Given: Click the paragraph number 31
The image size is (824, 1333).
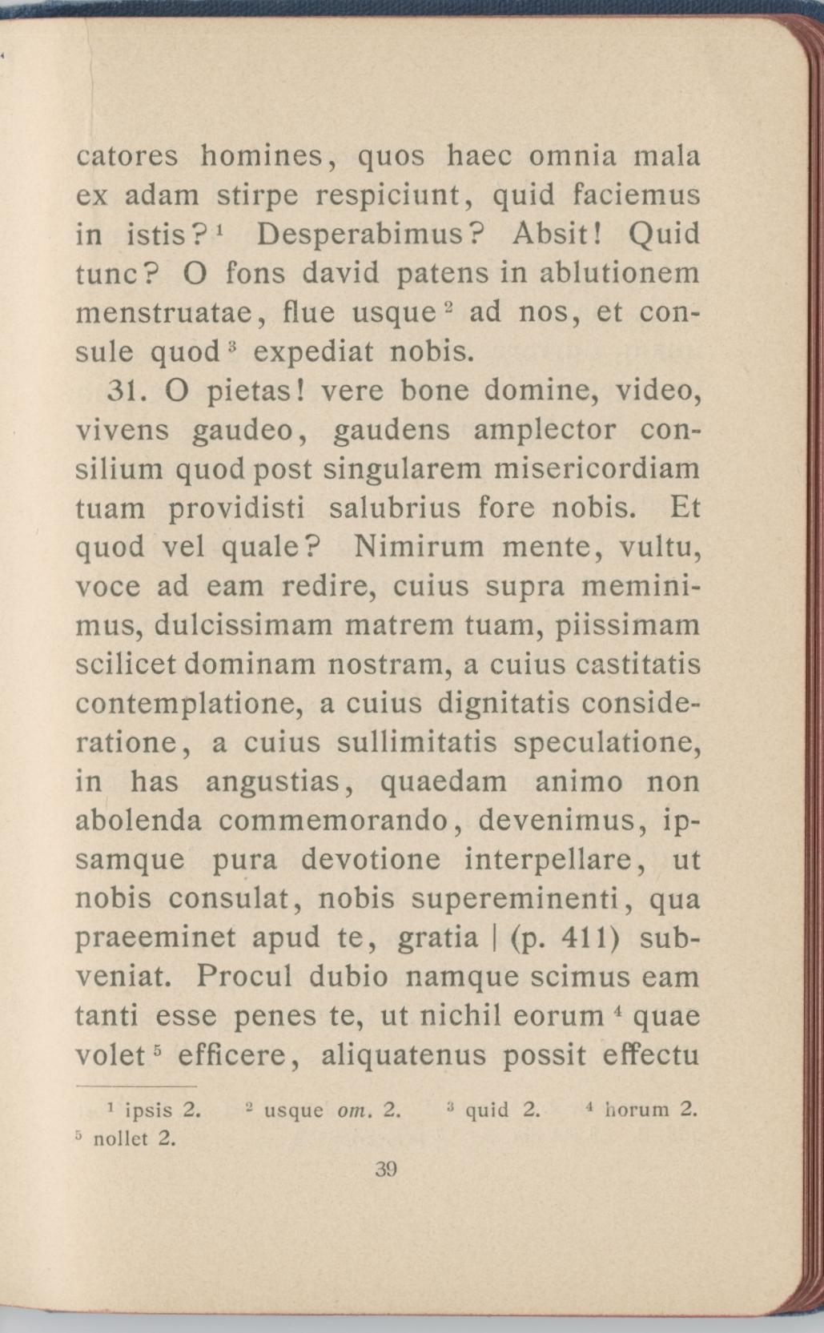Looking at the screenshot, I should [x=124, y=391].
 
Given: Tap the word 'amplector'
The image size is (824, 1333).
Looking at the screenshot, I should [x=545, y=432].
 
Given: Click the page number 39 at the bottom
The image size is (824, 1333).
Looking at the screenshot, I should [x=386, y=1170].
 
